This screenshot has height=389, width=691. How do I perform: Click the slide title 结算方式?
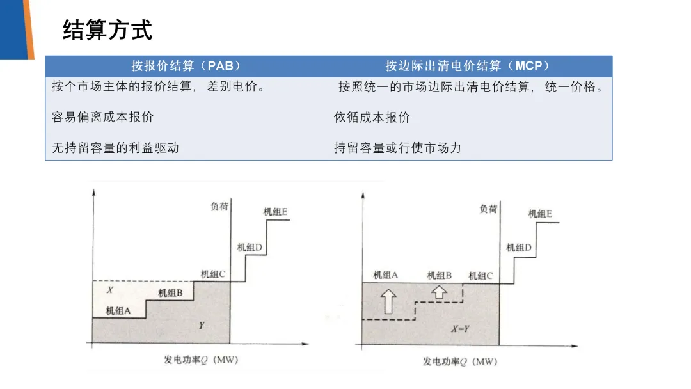(107, 30)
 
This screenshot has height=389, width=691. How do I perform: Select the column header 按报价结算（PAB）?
(186, 66)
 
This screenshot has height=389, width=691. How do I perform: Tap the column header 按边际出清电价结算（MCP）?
(468, 66)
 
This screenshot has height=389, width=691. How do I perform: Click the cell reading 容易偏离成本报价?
(103, 117)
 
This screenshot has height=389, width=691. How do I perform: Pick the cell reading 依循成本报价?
(372, 117)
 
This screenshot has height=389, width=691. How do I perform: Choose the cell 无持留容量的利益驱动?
(116, 148)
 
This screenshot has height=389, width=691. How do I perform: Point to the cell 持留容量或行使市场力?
(398, 148)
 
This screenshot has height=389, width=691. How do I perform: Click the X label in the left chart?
(110, 290)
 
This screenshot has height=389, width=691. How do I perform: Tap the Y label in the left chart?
(201, 325)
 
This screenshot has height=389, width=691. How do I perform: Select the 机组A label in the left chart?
(118, 311)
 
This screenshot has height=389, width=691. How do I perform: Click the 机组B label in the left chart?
(171, 293)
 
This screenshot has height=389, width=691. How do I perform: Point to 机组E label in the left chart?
(275, 212)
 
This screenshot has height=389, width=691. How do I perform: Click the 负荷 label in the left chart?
(219, 207)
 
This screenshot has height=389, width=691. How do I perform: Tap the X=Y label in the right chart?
(461, 329)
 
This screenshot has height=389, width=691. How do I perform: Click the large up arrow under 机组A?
(388, 300)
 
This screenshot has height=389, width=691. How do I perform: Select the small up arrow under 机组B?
(440, 292)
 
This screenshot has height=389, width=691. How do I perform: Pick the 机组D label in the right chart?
(519, 247)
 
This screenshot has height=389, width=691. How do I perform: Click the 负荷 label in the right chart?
(488, 209)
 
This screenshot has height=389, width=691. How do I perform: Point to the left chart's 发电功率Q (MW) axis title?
(201, 360)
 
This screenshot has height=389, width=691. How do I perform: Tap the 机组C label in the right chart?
(481, 276)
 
